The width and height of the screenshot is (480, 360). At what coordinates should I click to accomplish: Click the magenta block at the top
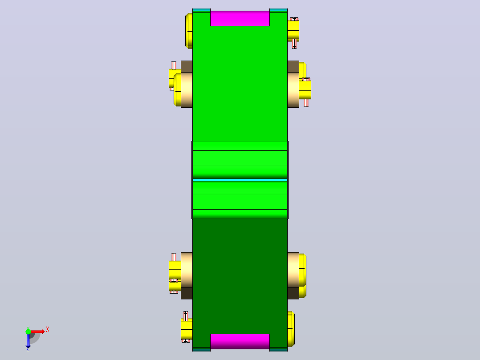(240, 18)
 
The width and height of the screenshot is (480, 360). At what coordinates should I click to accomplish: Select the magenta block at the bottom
(240, 341)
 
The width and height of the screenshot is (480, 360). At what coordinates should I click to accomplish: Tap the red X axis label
(48, 330)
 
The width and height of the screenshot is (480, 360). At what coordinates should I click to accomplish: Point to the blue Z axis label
(28, 349)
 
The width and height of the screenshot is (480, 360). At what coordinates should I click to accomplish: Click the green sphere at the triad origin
(28, 331)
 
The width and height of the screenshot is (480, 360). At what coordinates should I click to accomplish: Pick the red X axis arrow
(38, 331)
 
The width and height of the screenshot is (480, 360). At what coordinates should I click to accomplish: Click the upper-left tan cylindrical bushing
(187, 90)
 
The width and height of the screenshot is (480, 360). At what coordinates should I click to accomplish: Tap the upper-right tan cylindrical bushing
(293, 90)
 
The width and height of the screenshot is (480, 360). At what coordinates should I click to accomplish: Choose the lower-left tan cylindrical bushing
(187, 270)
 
